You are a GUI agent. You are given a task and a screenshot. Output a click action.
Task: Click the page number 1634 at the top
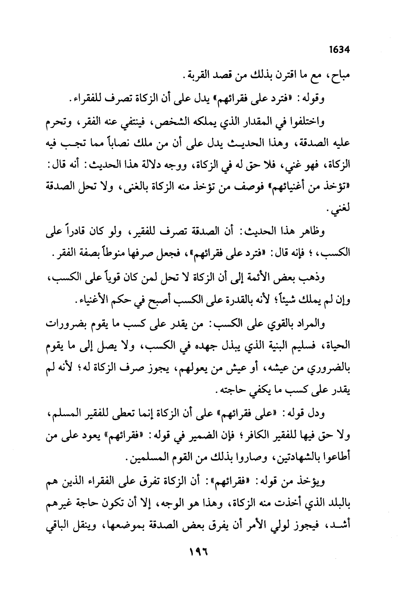click(x=339, y=50)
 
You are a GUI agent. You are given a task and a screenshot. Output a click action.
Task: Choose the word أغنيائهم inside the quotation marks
click(x=300, y=187)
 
